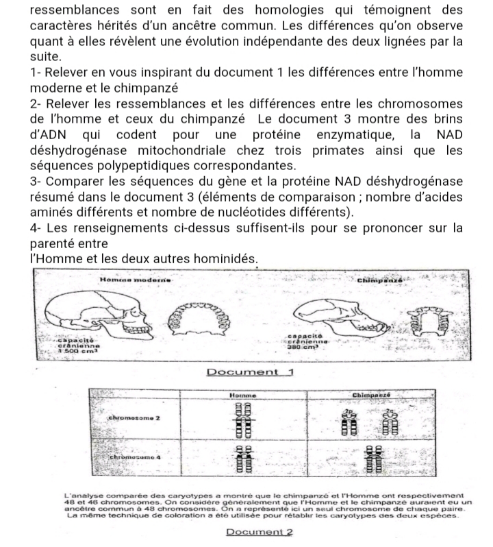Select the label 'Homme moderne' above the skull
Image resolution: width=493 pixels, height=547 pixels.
pos(134,281)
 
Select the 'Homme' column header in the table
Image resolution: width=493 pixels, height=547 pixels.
pos(240,396)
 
